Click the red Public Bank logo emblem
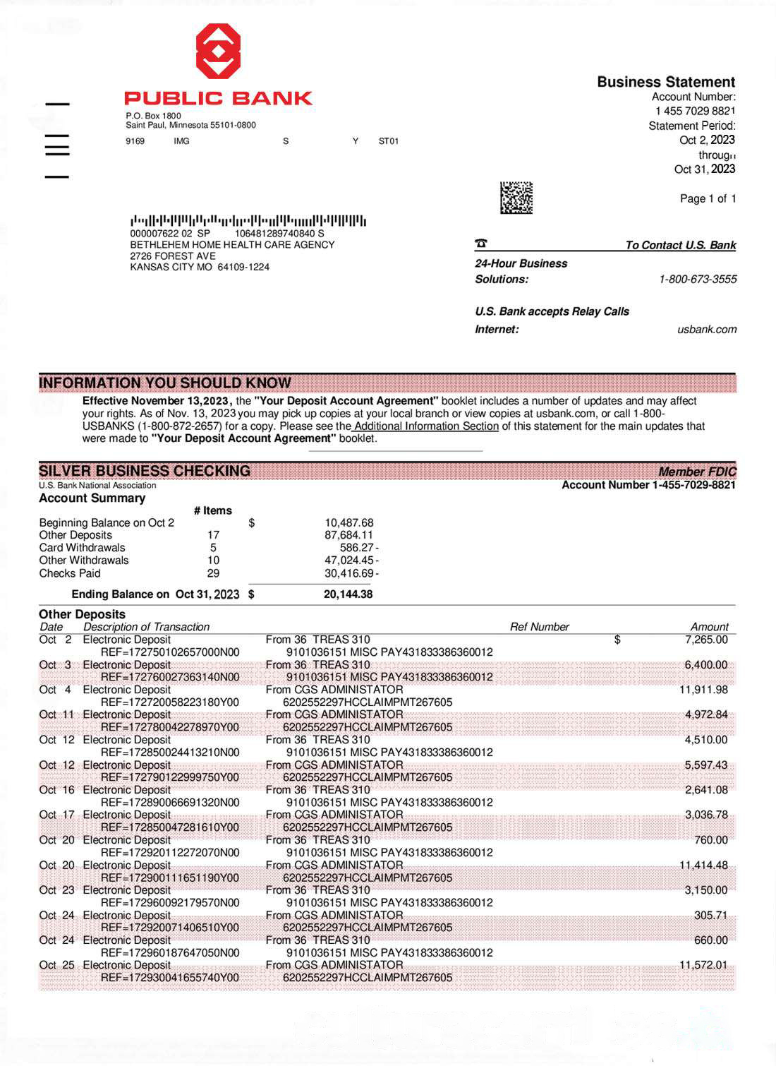(218, 51)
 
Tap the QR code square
(516, 198)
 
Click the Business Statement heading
(666, 82)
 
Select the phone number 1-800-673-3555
(697, 280)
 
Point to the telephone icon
(481, 244)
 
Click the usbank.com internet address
(706, 330)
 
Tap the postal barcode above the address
(248, 220)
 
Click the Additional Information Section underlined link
(426, 426)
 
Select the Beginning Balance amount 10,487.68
(348, 523)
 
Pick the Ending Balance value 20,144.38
(348, 594)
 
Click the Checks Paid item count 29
(213, 573)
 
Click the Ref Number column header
(539, 627)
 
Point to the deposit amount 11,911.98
(703, 690)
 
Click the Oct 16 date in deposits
(56, 790)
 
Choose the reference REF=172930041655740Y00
(170, 978)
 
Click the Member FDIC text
(696, 472)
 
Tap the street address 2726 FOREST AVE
(173, 256)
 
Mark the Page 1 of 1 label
(708, 199)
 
